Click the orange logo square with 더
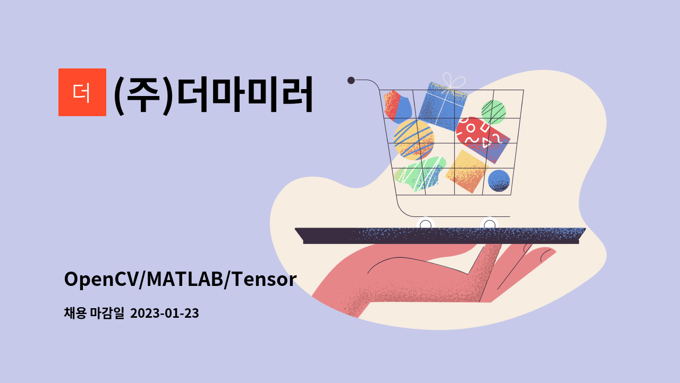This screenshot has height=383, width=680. (82, 92)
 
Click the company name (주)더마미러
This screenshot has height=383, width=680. (213, 94)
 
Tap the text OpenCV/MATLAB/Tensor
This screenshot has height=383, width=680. (180, 279)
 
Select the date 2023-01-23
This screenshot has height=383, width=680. (164, 314)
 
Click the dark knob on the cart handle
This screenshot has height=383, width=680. (351, 80)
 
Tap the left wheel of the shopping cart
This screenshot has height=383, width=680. (426, 224)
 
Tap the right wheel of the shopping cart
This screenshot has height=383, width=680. (489, 224)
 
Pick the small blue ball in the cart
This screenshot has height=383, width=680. (499, 180)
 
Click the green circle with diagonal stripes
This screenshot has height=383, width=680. (494, 112)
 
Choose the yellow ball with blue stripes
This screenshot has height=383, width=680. (413, 139)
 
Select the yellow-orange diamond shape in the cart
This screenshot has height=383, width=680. (466, 171)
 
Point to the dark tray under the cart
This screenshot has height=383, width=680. (441, 235)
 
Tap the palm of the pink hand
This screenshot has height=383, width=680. (425, 276)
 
